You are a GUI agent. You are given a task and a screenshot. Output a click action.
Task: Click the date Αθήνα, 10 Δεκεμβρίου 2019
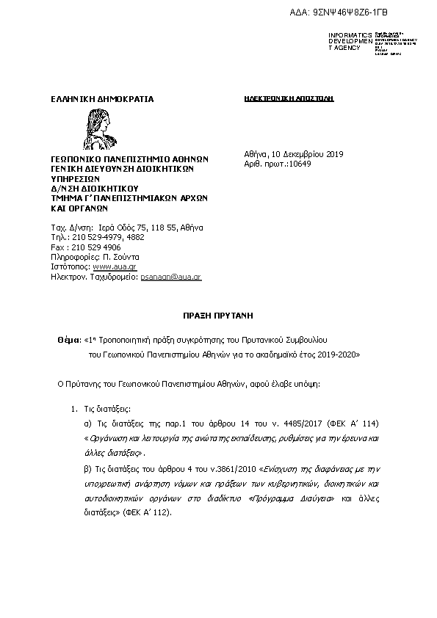(x=293, y=154)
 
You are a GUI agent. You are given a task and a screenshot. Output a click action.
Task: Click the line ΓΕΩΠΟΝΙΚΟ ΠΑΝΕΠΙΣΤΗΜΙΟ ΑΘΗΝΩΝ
(x=129, y=159)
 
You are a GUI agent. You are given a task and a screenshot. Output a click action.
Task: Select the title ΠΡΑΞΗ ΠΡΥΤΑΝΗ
(x=217, y=315)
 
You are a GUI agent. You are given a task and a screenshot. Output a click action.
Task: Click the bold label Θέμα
(x=69, y=341)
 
